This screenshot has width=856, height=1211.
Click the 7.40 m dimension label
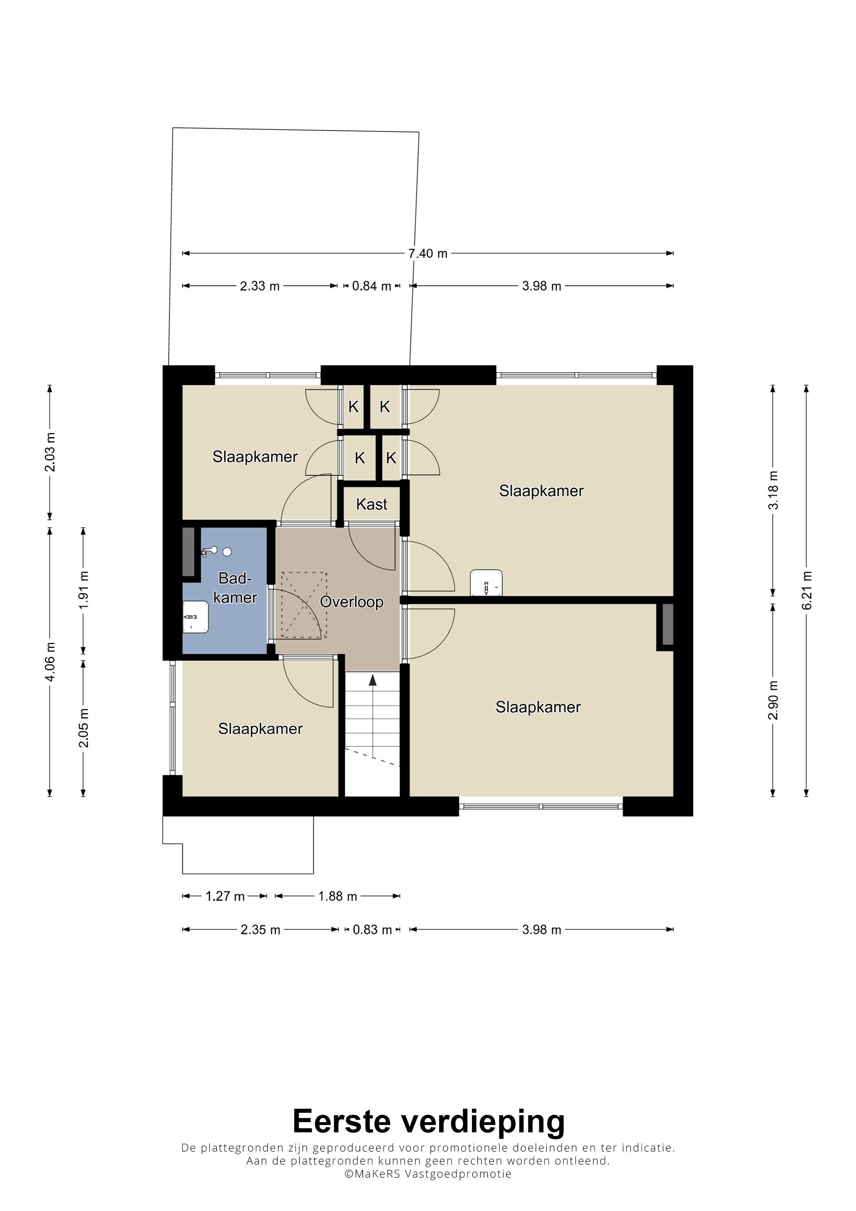(x=428, y=254)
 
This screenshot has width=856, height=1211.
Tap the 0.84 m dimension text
(x=372, y=287)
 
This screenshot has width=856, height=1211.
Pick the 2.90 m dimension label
(x=773, y=700)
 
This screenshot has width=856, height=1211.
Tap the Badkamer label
(x=235, y=588)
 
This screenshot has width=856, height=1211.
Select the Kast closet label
(x=372, y=504)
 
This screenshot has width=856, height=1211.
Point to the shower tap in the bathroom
(x=209, y=552)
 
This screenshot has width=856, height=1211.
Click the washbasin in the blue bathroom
(x=196, y=617)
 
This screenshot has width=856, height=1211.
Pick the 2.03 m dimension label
(x=50, y=452)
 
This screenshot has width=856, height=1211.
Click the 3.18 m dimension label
(x=773, y=490)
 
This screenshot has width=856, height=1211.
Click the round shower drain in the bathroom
(x=227, y=552)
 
